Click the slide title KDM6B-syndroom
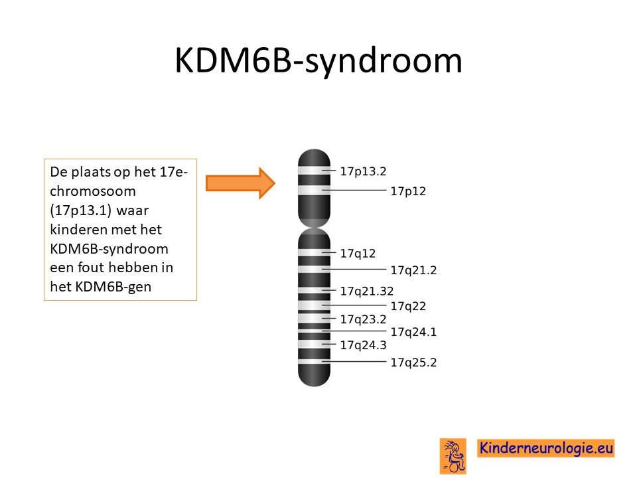coord(318,61)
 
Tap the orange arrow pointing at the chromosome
coord(240,183)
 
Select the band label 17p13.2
coord(363,171)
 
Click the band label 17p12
coord(408,191)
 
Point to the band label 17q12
coord(358,254)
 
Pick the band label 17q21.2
coord(413,270)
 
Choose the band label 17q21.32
coord(367,291)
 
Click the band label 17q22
coord(408,305)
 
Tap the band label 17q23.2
coord(363,319)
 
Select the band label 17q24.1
coord(413,332)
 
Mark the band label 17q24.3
coord(363,345)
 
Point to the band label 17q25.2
coord(413,362)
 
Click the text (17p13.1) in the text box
coord(80,210)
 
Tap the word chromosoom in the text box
coord(93,191)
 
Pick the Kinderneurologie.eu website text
coord(545,448)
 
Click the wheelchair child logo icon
coord(453,456)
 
